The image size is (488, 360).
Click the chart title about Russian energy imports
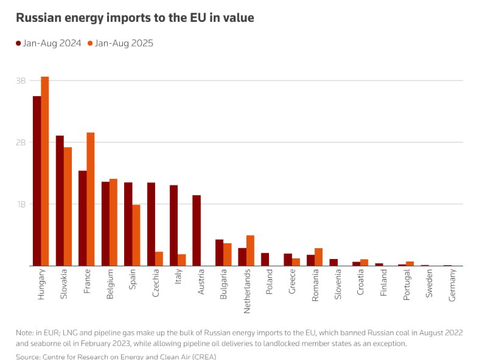pos(134,18)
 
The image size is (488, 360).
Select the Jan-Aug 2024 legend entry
pos(49,43)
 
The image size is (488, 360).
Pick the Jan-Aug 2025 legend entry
pos(120,43)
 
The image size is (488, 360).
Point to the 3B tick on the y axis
pos(21,81)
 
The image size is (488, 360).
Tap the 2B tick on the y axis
pos(21,142)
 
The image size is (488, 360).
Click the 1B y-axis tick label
pos(21,204)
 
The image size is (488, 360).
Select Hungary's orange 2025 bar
pos(45,171)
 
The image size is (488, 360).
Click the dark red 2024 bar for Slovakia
pos(60,201)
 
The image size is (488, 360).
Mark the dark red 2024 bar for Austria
pos(197,230)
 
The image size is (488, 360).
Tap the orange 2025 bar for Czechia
pos(159,258)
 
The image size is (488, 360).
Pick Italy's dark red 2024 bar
pos(173,226)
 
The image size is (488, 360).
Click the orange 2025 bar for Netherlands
pos(250,251)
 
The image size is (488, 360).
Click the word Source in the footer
pos(29,356)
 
